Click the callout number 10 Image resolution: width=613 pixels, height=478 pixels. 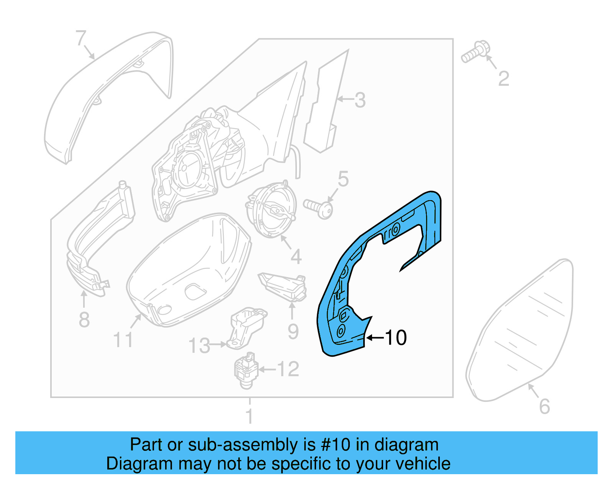click(x=396, y=338)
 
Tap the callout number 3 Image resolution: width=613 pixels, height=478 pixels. click(x=360, y=100)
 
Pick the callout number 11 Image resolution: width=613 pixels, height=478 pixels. click(x=123, y=340)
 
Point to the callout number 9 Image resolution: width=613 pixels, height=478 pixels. click(x=293, y=331)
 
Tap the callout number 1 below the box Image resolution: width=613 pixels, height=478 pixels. click(x=249, y=416)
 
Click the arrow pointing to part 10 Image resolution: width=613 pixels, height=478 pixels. click(x=375, y=338)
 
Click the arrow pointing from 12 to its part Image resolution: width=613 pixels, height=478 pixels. click(x=267, y=369)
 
